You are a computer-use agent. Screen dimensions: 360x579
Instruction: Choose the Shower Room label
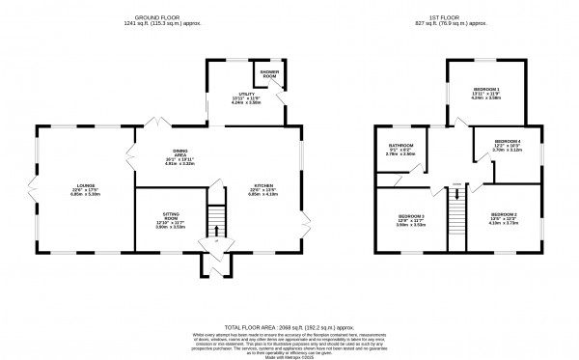click(265, 74)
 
